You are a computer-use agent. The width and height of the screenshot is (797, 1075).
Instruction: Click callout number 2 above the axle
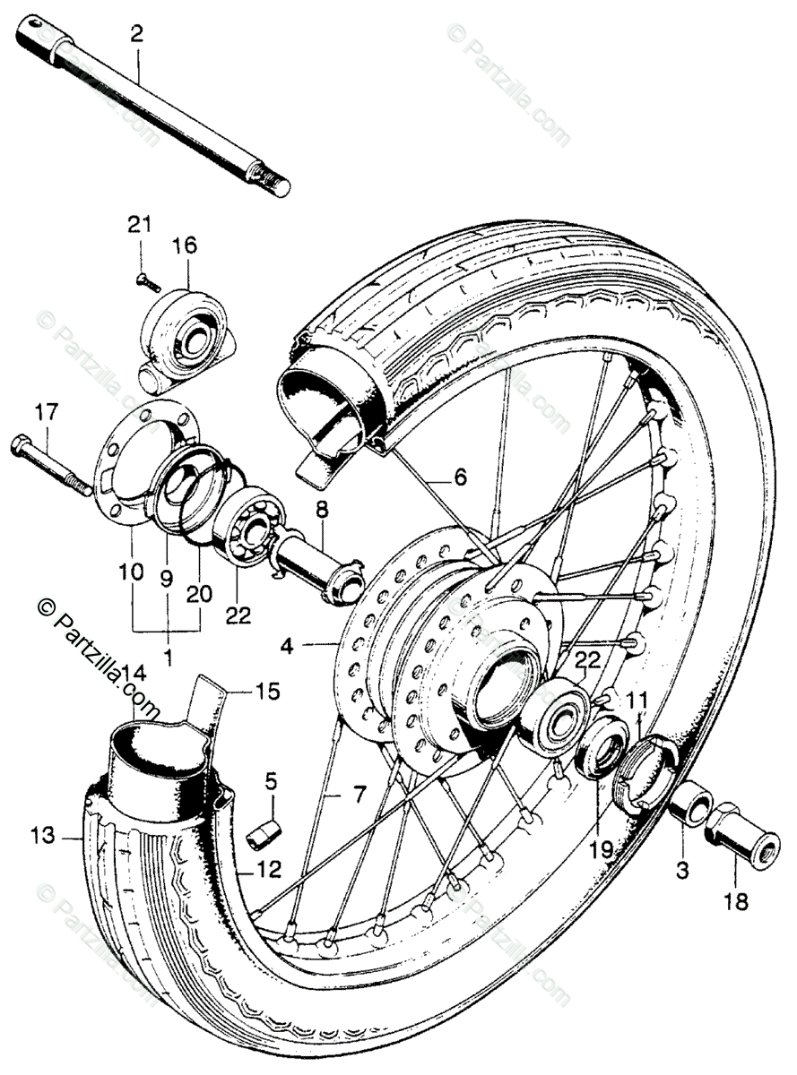click(x=136, y=35)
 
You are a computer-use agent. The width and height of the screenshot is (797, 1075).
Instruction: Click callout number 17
click(x=45, y=413)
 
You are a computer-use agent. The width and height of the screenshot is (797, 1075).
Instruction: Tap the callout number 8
click(x=321, y=511)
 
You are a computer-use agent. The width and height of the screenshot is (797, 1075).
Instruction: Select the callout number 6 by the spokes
click(x=459, y=477)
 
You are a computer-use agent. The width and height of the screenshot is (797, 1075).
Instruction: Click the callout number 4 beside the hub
click(x=286, y=643)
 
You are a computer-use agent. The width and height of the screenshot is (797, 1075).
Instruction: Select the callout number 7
click(x=358, y=793)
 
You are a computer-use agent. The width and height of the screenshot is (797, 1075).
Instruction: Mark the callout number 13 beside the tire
click(x=40, y=837)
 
